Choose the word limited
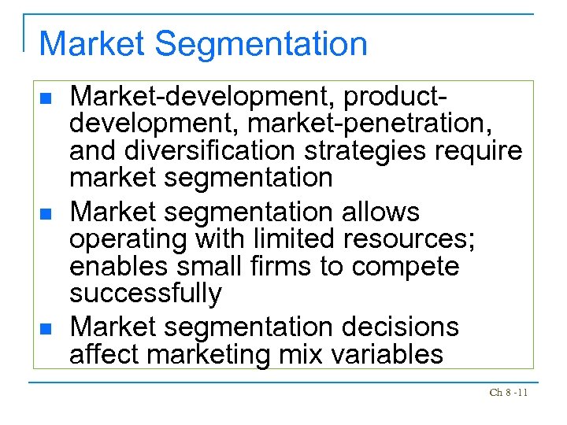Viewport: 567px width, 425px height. (x=269, y=239)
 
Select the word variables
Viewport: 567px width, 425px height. (x=387, y=353)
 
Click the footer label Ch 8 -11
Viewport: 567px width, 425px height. (x=509, y=392)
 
